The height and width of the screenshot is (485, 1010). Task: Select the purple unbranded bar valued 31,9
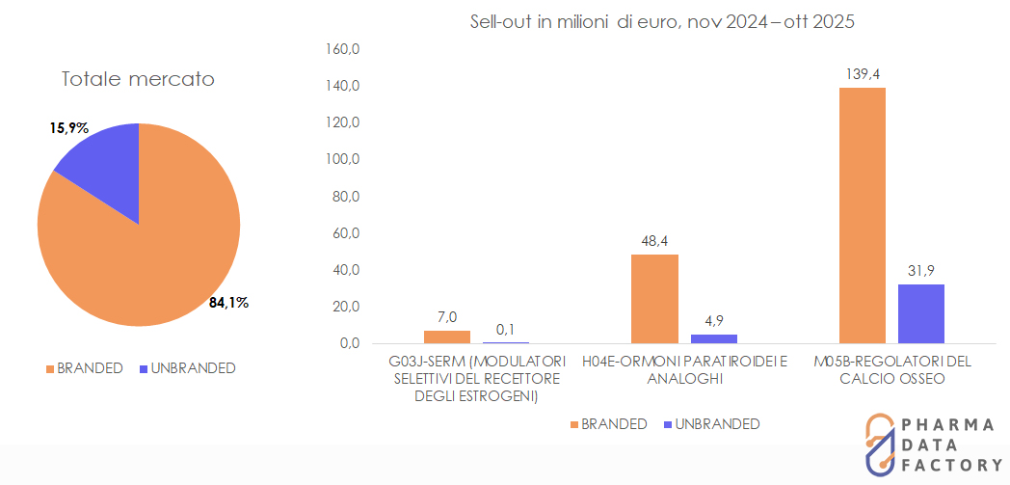[921, 313]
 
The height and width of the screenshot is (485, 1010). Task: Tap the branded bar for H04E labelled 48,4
[654, 298]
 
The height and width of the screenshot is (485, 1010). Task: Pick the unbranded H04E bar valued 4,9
[713, 338]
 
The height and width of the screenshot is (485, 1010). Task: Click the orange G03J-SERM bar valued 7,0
[447, 337]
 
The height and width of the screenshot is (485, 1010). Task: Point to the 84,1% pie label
[228, 303]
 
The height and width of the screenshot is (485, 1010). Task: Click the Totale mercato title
[138, 80]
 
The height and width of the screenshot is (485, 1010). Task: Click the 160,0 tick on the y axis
[344, 50]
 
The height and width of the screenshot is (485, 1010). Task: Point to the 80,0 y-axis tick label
[346, 197]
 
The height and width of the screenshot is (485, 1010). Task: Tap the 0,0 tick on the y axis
[349, 343]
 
